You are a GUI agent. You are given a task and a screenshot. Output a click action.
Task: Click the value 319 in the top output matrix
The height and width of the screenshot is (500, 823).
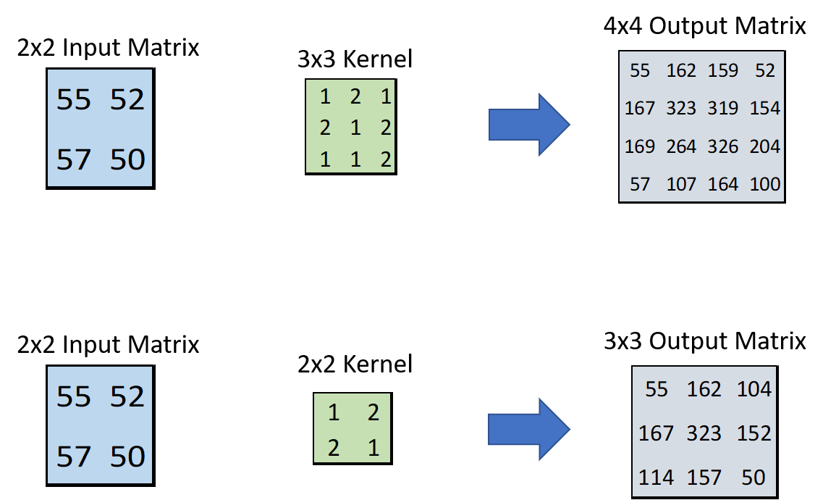pos(723,108)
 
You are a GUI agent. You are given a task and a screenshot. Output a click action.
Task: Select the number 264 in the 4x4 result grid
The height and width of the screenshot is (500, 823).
pos(681,146)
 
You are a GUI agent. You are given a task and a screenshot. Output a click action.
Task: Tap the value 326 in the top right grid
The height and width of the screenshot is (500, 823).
pos(723,146)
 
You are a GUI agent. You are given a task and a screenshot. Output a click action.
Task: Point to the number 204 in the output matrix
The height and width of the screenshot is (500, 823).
pos(765,146)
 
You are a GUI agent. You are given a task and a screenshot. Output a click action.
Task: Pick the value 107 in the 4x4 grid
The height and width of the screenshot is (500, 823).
pos(681,184)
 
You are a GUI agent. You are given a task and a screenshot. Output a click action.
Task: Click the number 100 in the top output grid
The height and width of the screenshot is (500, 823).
pos(765,184)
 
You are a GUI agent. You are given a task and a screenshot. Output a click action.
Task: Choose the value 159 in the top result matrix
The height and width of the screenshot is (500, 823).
pos(723,70)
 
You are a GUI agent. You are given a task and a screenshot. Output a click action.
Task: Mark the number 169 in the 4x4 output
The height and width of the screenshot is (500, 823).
pos(640,146)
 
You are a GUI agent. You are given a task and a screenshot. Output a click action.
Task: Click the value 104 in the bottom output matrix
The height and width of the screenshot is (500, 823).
pos(754,389)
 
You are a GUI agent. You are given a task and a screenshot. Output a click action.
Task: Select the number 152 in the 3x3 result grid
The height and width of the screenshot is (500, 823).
pos(754,433)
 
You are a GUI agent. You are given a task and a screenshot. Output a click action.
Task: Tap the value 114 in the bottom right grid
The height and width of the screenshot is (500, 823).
pos(656,478)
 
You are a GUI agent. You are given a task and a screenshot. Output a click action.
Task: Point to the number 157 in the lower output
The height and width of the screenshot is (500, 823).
pos(704,478)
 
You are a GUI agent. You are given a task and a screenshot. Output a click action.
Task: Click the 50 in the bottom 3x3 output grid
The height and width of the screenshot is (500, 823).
pos(754,478)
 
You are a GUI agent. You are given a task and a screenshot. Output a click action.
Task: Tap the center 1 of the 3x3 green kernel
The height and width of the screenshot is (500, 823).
pos(355,128)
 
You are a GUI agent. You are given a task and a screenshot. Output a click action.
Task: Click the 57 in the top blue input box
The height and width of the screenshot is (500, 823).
pos(74,159)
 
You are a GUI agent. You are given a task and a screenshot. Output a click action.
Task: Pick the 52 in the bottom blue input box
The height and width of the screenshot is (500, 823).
pos(127,396)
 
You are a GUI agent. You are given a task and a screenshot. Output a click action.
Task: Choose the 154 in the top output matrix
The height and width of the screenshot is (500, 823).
pos(765,108)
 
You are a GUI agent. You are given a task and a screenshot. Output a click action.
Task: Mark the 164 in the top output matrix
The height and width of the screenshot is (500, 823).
pos(723,184)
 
